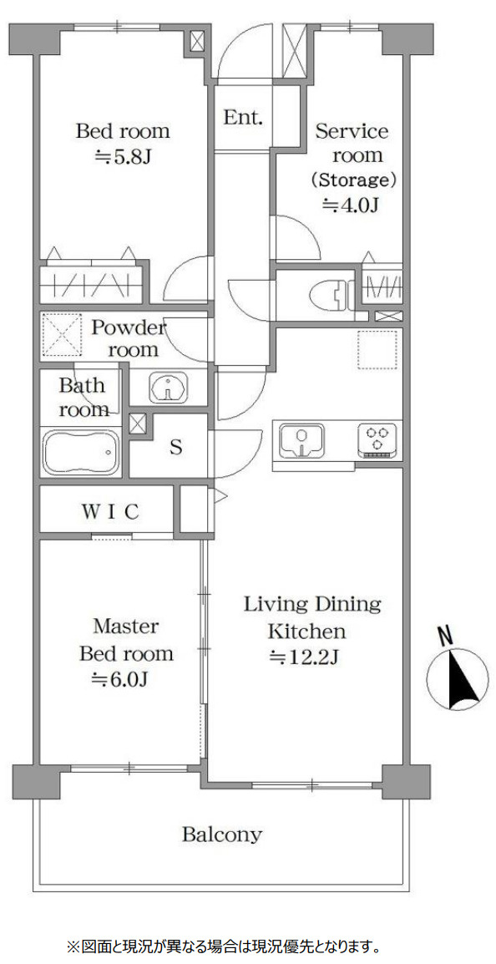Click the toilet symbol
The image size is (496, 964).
[332, 295]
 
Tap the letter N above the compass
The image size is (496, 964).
[446, 635]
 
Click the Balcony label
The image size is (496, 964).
[222, 835]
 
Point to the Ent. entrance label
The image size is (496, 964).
[243, 118]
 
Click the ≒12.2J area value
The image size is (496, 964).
[305, 657]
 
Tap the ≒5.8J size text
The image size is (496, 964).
[122, 157]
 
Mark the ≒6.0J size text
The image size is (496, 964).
[120, 679]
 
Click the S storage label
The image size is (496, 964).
[176, 448]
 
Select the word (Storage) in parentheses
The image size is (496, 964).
[352, 180]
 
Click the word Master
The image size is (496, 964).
[126, 627]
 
